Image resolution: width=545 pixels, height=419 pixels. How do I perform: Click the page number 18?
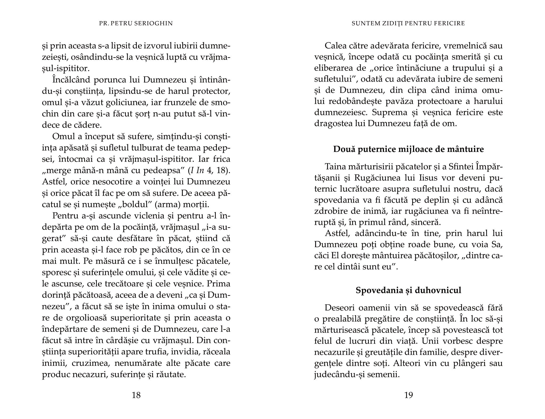(x=136, y=395)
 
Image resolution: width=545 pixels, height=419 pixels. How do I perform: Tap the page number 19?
(x=408, y=395)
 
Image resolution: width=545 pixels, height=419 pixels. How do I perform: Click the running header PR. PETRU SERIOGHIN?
(x=136, y=23)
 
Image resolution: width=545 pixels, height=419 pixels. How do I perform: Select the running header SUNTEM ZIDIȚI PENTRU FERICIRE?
(x=408, y=23)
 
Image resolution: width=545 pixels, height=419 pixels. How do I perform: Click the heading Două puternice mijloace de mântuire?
(x=408, y=149)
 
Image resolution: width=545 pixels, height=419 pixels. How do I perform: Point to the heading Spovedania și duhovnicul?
(x=408, y=290)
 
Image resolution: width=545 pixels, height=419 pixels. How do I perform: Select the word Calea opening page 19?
(x=336, y=46)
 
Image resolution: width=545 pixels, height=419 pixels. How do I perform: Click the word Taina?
(x=336, y=167)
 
